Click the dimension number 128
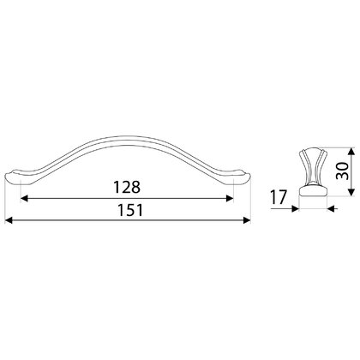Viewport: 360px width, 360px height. coord(127,187)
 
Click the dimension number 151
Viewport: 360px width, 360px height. coord(130,211)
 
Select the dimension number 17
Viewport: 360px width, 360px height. coord(279,197)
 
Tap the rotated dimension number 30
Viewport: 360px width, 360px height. coord(342,171)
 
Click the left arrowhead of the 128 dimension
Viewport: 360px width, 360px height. coord(24,198)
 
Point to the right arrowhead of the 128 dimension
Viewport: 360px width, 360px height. coord(230,198)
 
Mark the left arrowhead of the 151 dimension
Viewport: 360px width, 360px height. coord(9,220)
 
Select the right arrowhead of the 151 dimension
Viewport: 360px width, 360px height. coord(247,220)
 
